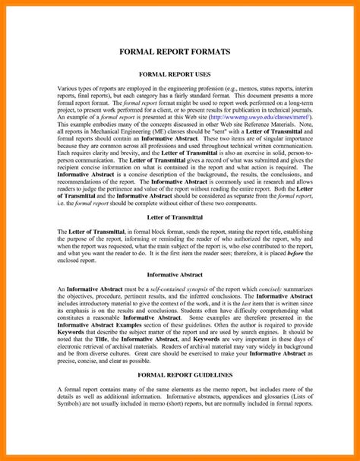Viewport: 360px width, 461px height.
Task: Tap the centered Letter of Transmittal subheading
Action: (180, 216)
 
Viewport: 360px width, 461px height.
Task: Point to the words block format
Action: (179, 229)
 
